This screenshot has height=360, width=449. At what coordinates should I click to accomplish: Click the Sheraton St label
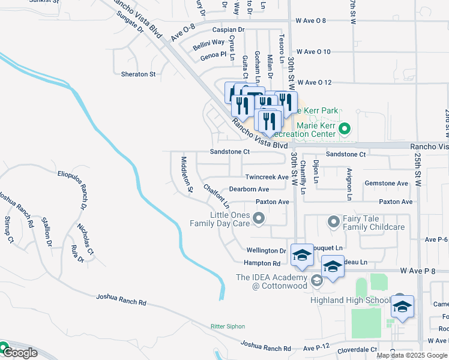139,74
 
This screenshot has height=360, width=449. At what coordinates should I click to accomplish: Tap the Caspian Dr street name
229,29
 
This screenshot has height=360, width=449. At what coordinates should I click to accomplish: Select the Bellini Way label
209,43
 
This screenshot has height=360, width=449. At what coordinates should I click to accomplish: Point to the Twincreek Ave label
267,178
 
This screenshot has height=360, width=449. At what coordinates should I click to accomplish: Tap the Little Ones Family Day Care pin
259,218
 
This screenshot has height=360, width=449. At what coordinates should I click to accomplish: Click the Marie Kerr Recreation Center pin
345,128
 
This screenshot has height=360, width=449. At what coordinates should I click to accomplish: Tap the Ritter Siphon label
228,326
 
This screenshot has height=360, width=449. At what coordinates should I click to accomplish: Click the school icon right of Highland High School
402,307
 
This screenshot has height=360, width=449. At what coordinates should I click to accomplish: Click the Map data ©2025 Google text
411,355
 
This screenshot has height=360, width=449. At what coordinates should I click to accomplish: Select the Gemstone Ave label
388,184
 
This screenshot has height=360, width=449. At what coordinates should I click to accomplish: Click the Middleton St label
187,175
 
